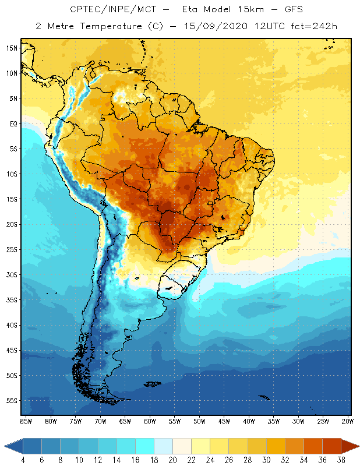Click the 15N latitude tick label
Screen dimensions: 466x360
[12, 48]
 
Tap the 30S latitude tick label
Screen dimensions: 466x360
[12, 274]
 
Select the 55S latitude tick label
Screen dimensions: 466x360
[12, 401]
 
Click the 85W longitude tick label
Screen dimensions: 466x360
[26, 421]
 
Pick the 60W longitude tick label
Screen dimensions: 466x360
[150, 421]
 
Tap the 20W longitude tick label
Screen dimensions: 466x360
[348, 421]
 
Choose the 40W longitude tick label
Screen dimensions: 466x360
[249, 421]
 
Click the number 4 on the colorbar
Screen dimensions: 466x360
[23, 460]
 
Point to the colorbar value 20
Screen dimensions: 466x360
[172, 460]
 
